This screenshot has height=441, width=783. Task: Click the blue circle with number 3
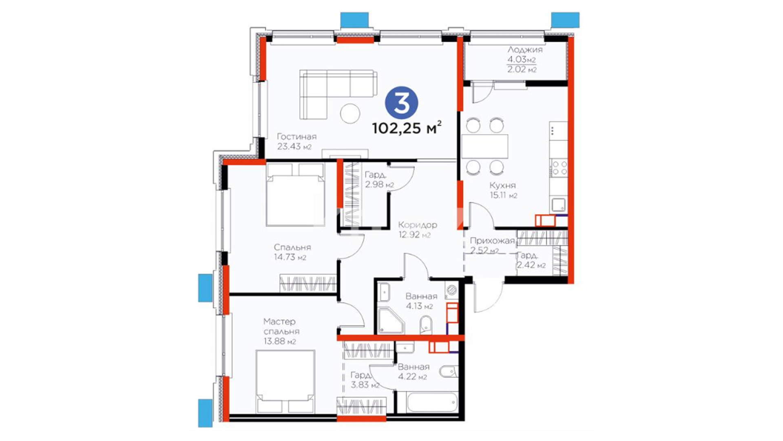point(402,103)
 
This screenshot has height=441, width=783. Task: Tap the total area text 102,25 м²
point(407,128)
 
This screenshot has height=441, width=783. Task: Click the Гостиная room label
point(296,136)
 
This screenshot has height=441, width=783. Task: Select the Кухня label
point(502,185)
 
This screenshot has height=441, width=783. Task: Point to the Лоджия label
point(525,50)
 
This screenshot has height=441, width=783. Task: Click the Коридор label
point(418,225)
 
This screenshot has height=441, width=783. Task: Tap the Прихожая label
point(492,241)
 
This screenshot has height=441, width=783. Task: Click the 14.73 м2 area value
point(290,257)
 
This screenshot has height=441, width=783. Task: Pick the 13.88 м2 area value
point(280,341)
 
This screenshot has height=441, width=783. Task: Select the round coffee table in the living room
point(350,113)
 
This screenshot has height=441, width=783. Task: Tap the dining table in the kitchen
point(485,146)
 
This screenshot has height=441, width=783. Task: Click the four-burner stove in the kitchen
point(559,168)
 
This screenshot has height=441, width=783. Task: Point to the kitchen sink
point(559,204)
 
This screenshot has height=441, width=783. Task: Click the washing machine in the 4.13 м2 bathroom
point(452,291)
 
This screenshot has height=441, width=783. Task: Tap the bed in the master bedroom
point(285,381)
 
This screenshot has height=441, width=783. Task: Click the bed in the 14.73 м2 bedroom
point(295,195)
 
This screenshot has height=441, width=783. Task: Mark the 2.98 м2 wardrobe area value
point(379,185)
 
